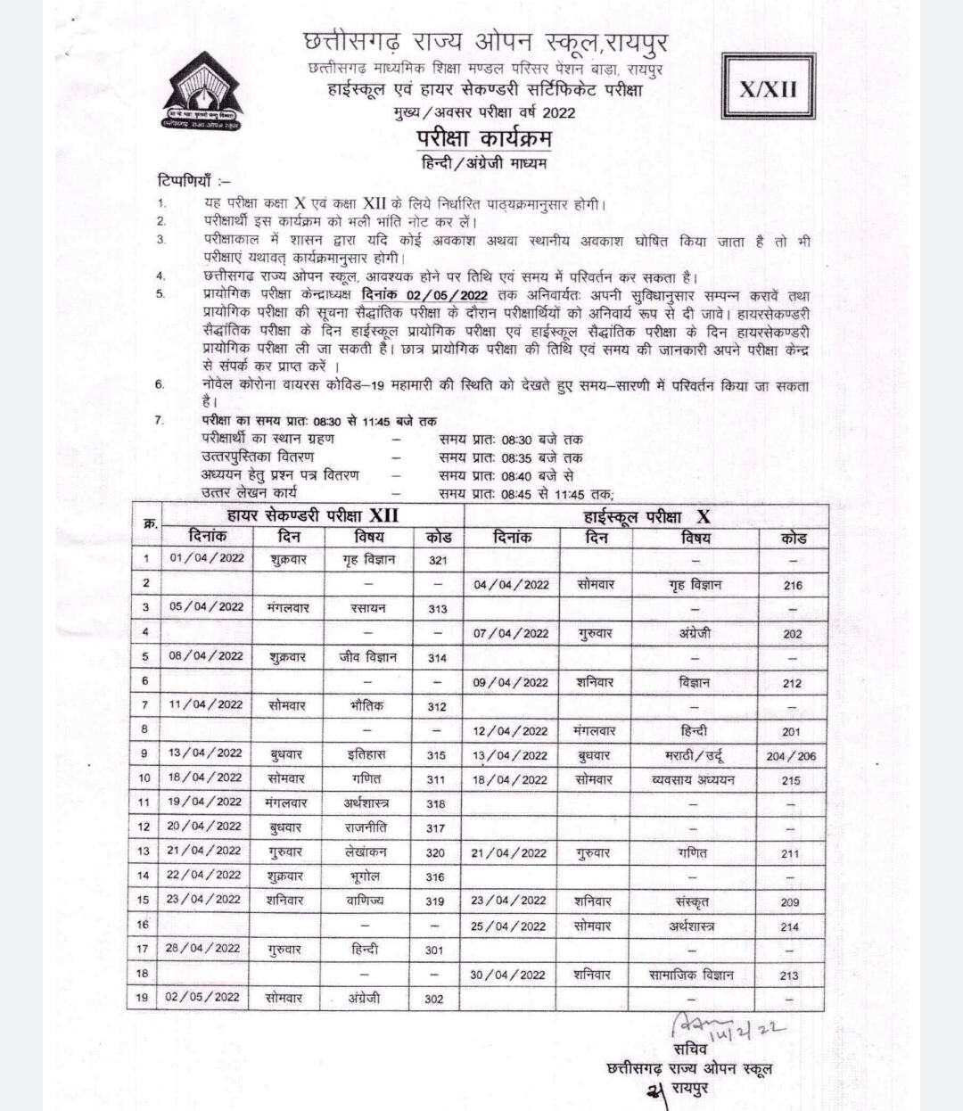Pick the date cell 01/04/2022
[x=206, y=559]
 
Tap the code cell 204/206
[x=791, y=756]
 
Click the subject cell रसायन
[x=368, y=608]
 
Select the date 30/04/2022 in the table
[x=508, y=975]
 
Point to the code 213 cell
[x=789, y=975]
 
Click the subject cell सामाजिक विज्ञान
[x=692, y=975]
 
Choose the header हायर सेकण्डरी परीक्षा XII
[x=313, y=515]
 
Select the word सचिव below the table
[x=690, y=1049]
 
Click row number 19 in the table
[x=143, y=997]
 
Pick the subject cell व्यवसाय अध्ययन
[x=693, y=780]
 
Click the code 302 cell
[x=434, y=999]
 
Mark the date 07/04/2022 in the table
[x=511, y=634]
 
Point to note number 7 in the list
[x=160, y=420]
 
